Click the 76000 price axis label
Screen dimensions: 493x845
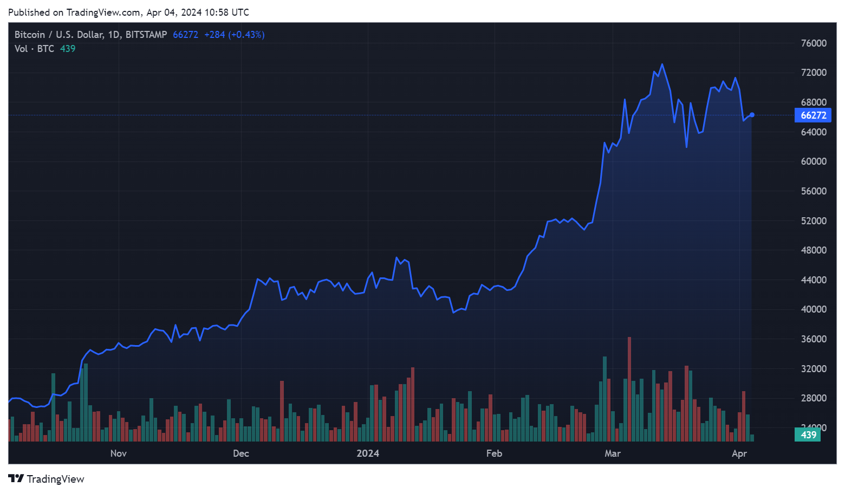(814, 43)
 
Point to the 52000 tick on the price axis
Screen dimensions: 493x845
(814, 221)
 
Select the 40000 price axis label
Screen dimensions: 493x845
(814, 309)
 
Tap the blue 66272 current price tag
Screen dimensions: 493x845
(813, 115)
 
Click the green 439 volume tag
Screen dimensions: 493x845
(808, 435)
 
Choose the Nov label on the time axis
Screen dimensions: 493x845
(118, 453)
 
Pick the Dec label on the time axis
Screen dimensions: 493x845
(241, 453)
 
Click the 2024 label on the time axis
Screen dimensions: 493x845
(368, 453)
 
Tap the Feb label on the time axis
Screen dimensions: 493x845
(494, 453)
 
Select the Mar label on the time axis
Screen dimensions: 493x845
(613, 453)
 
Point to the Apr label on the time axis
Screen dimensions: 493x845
(739, 453)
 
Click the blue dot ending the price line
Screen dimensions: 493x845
(752, 115)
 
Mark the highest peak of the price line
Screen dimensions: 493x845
(662, 65)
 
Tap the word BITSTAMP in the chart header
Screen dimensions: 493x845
(146, 35)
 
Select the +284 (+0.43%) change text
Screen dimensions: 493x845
(234, 35)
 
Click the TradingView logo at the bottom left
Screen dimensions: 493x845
(47, 479)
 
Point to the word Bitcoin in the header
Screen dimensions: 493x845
(30, 35)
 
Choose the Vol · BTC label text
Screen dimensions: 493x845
(34, 49)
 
